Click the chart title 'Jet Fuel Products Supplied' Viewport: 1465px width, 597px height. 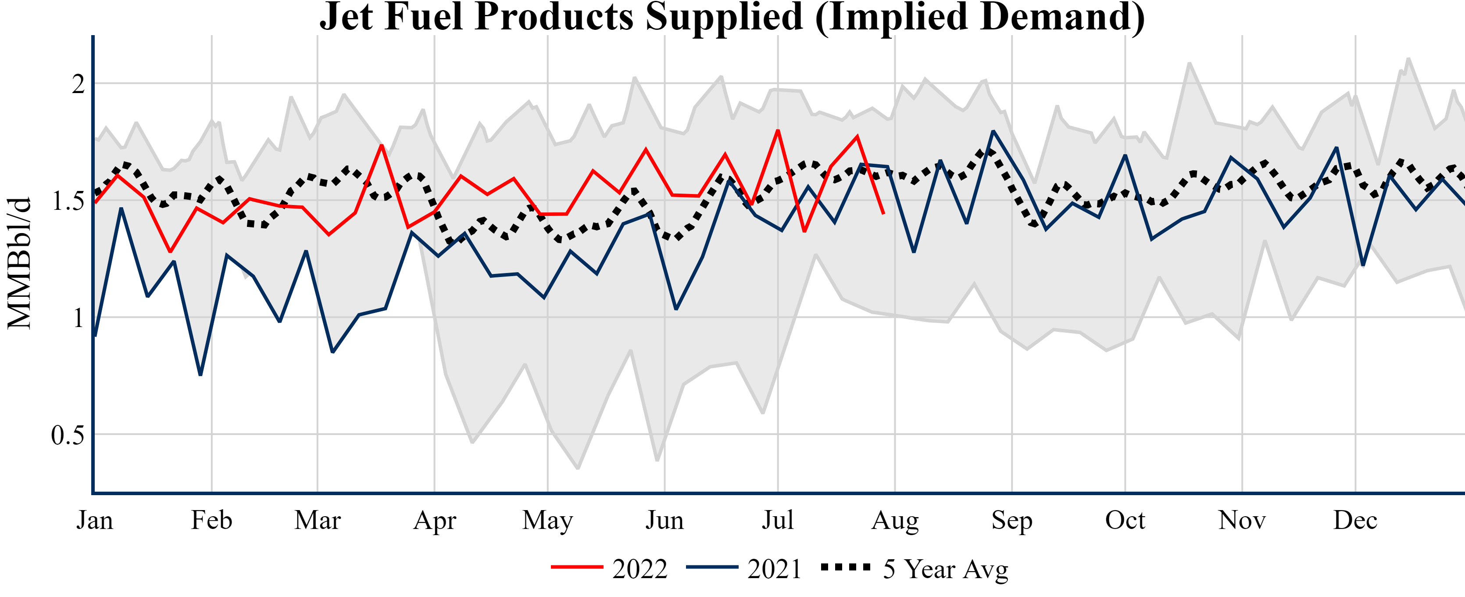tap(732, 17)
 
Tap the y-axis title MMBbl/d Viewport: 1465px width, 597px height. tap(19, 263)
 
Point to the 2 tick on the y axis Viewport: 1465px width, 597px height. tap(78, 84)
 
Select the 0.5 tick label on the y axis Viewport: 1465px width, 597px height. tap(68, 435)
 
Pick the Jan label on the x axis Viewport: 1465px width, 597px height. tap(94, 520)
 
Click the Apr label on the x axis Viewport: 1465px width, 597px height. tap(435, 520)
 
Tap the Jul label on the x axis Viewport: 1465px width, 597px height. tap(777, 520)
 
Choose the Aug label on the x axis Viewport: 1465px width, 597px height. tap(895, 520)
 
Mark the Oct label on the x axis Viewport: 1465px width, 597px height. tap(1125, 520)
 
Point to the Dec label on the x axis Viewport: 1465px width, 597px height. tap(1355, 520)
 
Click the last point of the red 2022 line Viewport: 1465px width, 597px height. tap(883, 214)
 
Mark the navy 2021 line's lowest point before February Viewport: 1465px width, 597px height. tap(200, 375)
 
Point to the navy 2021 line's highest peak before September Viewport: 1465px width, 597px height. tap(993, 131)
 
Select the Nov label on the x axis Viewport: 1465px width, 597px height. tap(1241, 520)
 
